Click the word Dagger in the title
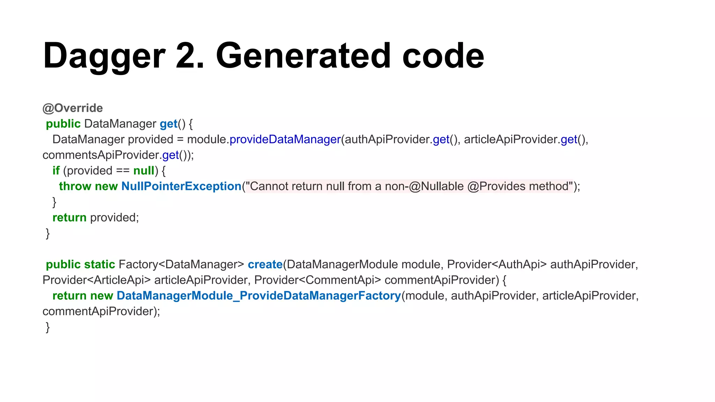104,56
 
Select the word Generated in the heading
303,56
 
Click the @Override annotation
73,108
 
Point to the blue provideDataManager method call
285,140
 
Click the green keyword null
144,171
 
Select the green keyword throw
75,186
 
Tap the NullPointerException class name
181,186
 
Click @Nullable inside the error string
436,186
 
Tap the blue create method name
265,265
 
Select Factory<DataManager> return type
181,265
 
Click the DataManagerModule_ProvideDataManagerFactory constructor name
259,296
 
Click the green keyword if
56,171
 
